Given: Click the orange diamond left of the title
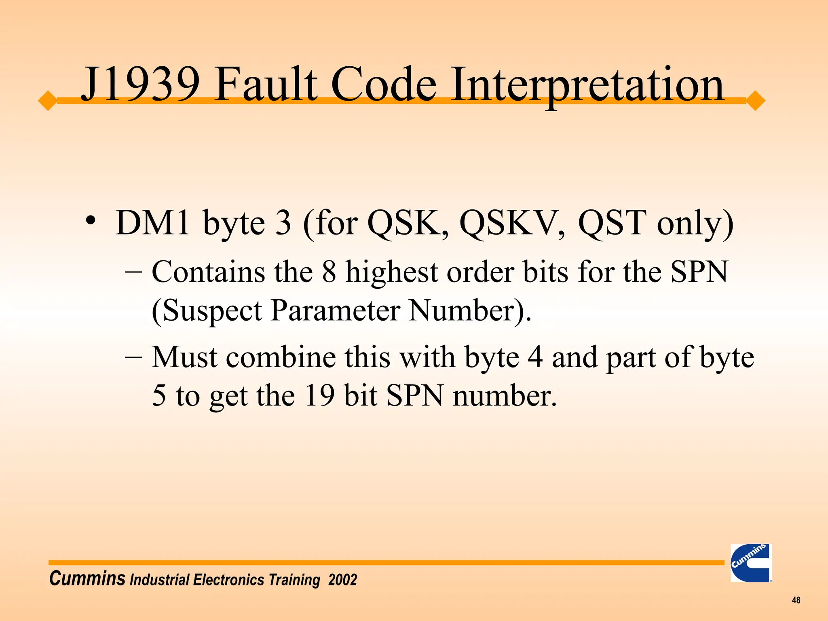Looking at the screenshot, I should click(x=48, y=101).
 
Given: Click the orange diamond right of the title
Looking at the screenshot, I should click(x=755, y=101).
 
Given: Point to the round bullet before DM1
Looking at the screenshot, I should click(x=91, y=221).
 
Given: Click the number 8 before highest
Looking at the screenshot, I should click(x=329, y=272).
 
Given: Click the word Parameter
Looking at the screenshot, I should click(x=335, y=310).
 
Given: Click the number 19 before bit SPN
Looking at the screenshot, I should click(x=319, y=395).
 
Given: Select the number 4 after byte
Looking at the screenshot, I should click(x=535, y=357).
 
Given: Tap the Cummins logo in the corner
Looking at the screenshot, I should click(x=751, y=563).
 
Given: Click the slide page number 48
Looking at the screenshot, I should click(x=796, y=600).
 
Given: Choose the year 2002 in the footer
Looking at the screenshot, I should click(x=342, y=580).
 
